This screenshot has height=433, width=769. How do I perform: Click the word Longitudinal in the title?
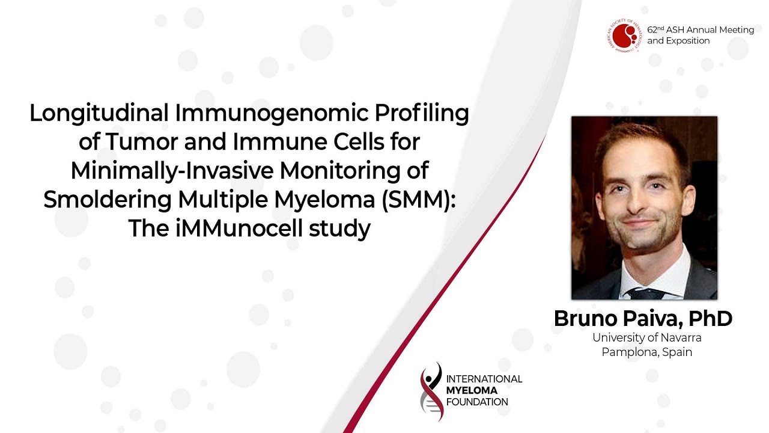click(x=99, y=114)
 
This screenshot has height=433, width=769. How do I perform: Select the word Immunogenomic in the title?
click(x=272, y=114)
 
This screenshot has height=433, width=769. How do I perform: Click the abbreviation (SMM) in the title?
click(x=419, y=200)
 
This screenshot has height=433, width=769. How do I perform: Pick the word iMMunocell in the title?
click(x=239, y=228)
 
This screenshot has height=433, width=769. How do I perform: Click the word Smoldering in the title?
click(x=108, y=200)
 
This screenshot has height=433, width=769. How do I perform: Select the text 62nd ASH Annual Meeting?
click(x=701, y=30)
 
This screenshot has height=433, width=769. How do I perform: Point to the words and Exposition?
click(x=678, y=41)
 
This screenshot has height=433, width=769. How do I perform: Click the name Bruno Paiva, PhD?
click(x=643, y=319)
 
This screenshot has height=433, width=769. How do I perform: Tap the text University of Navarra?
click(x=647, y=337)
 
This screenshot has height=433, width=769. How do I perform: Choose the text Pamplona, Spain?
click(x=647, y=352)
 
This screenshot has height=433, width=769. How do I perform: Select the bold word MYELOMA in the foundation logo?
click(x=472, y=390)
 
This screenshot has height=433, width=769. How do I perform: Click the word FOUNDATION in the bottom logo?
click(x=477, y=402)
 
